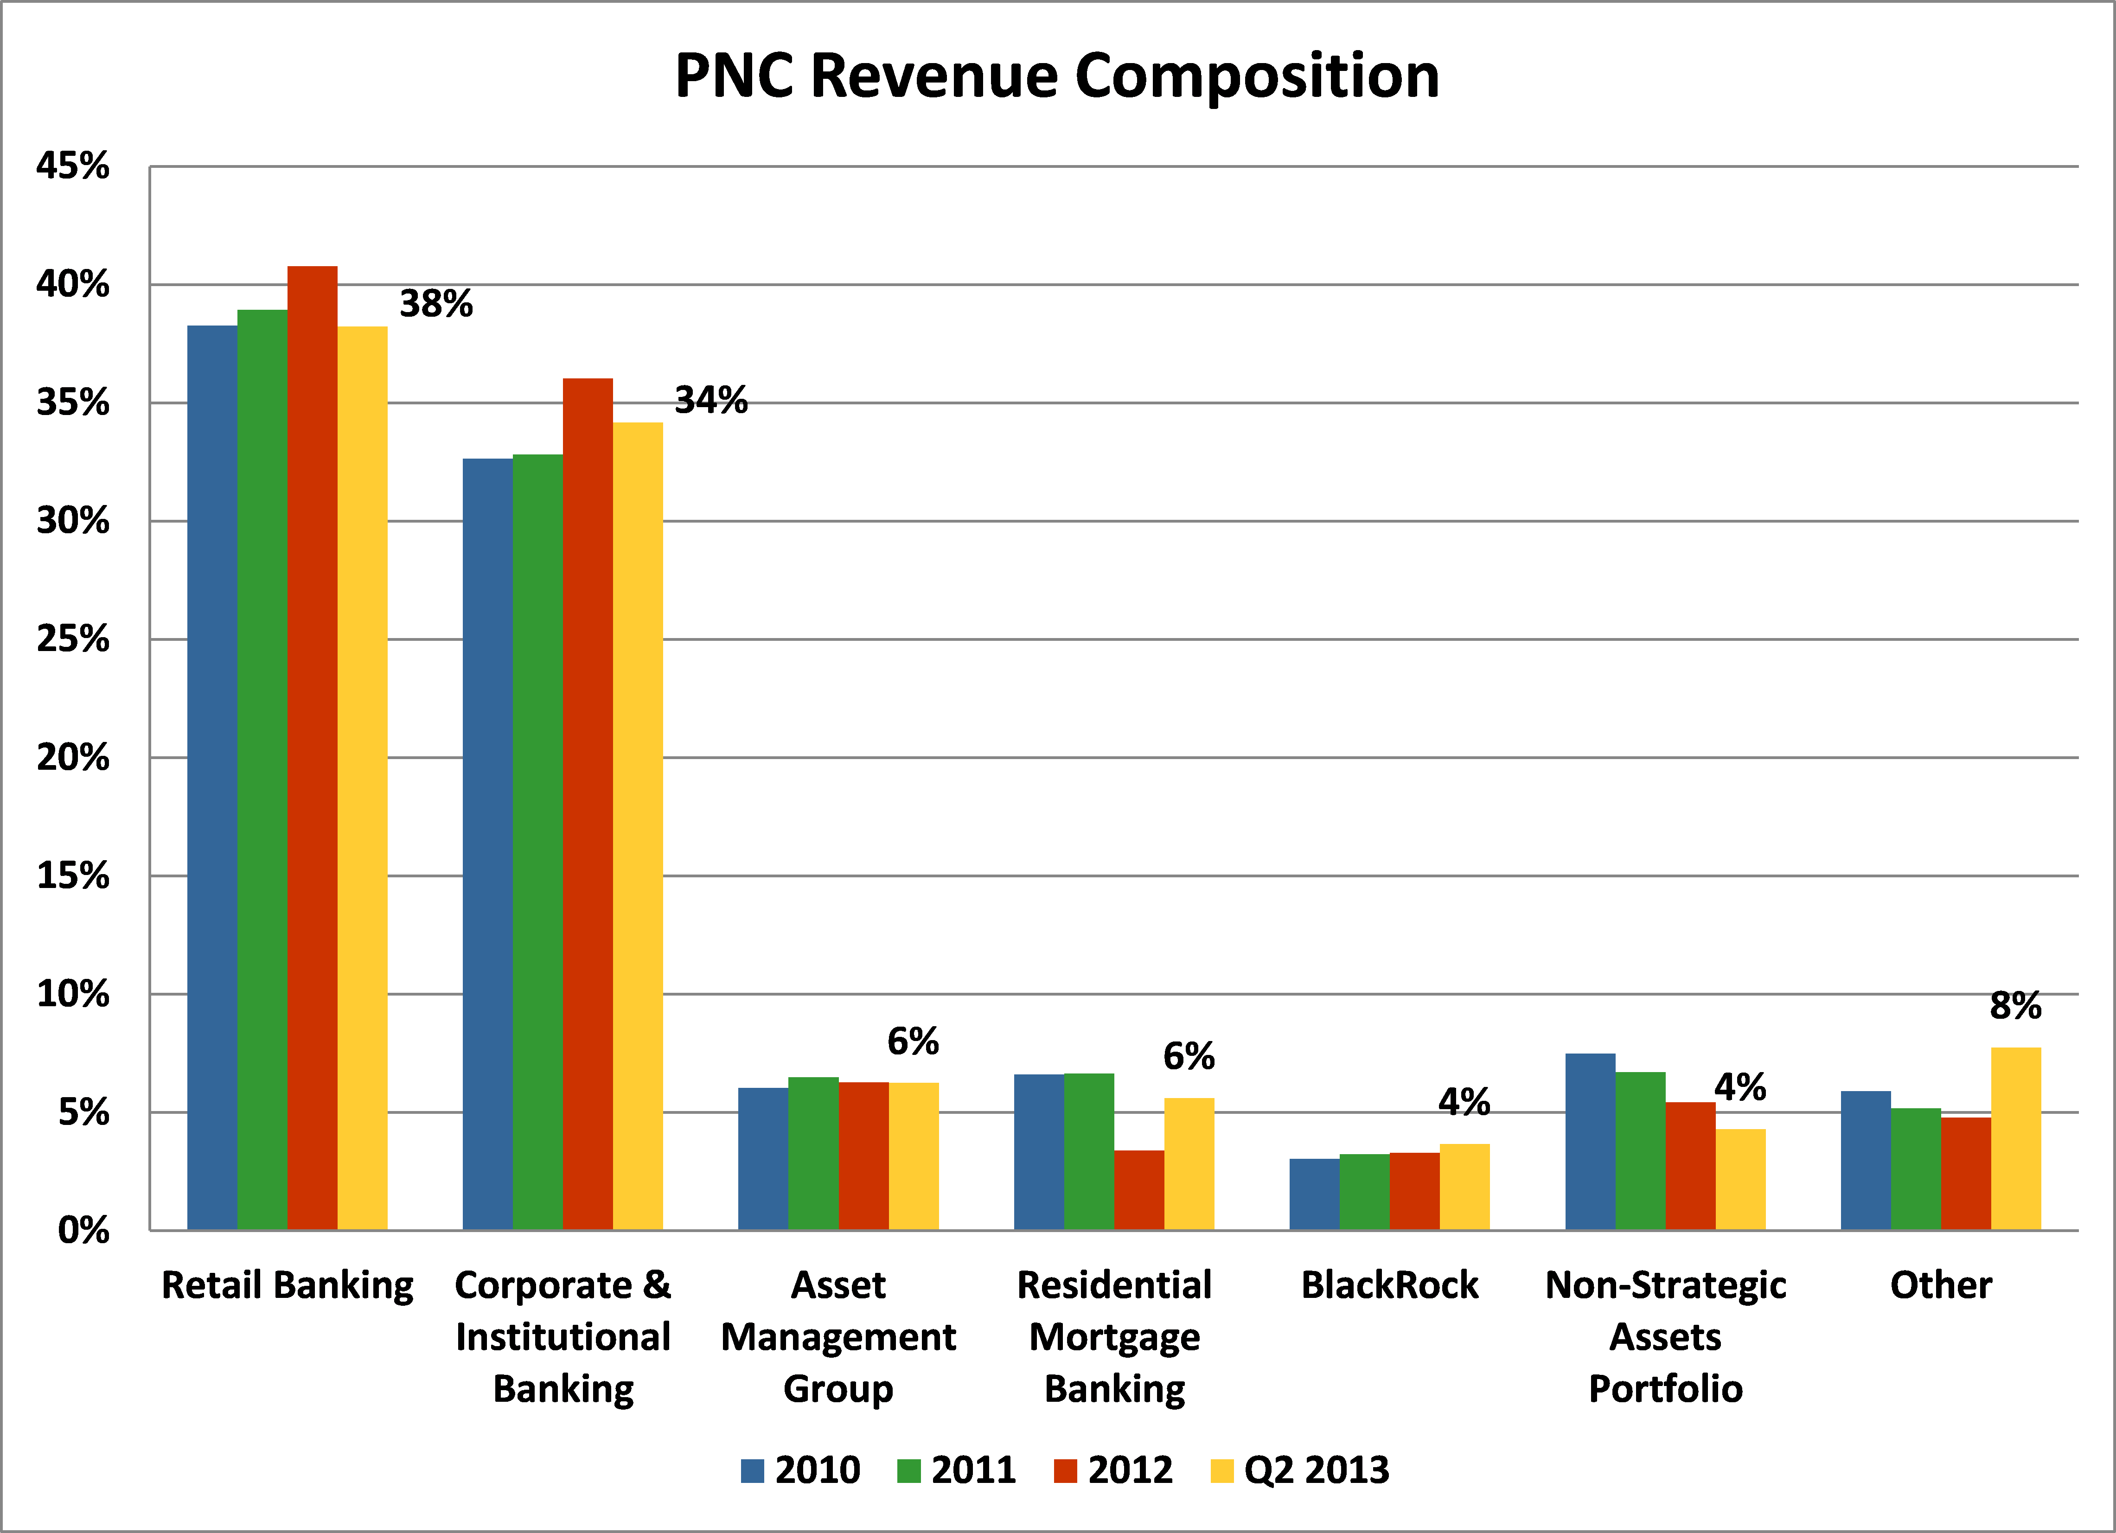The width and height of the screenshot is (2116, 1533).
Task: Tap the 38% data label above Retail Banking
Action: [436, 304]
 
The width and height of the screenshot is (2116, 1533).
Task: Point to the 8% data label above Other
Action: [2015, 1006]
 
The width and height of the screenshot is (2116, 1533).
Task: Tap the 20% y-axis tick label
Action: [73, 758]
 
